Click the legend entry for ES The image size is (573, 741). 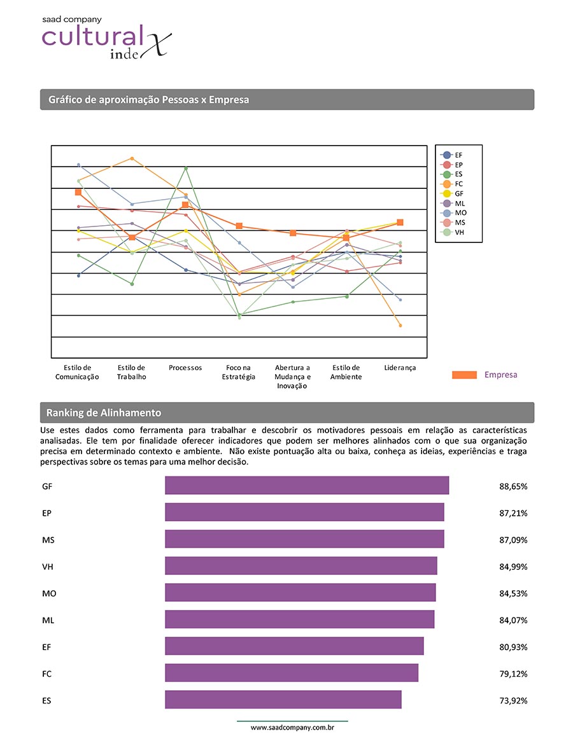pos(453,174)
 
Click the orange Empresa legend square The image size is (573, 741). pos(464,375)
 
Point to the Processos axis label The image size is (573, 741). pos(185,368)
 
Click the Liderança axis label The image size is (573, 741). pos(400,368)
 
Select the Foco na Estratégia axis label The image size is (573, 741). pos(239,372)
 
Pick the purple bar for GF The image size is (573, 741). pos(307,485)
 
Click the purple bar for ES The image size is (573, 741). pos(283,700)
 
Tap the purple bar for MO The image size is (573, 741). pos(301,593)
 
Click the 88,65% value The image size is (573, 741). pos(513,486)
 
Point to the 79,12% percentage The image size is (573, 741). pos(513,674)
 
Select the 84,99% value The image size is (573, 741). pos(513,567)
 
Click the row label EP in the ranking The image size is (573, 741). pos(47,513)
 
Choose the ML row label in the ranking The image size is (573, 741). pos(48,620)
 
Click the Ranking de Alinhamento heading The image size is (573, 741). pos(104,413)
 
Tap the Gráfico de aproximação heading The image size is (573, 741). pos(148,100)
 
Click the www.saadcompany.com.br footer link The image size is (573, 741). pos(293,727)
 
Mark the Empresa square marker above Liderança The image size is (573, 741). pos(400,222)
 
